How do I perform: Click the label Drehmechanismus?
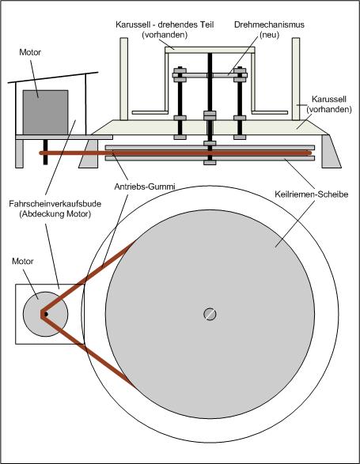pyautogui.click(x=269, y=25)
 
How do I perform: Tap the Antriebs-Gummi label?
pyautogui.click(x=145, y=187)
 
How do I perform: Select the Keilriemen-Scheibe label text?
pyautogui.click(x=311, y=194)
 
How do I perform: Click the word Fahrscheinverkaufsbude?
pyautogui.click(x=55, y=204)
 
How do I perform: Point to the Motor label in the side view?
pyautogui.click(x=30, y=52)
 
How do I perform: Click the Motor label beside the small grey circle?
pyautogui.click(x=22, y=262)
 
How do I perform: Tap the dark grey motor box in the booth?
pyautogui.click(x=45, y=112)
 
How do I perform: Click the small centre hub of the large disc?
pyautogui.click(x=210, y=314)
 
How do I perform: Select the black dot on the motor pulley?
pyautogui.click(x=46, y=314)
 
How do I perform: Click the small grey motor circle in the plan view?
pyautogui.click(x=46, y=314)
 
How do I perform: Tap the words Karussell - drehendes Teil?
pyautogui.click(x=165, y=25)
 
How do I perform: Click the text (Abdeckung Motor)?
pyautogui.click(x=55, y=214)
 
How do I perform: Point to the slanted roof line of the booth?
pyautogui.click(x=53, y=77)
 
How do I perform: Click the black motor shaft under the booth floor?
pyautogui.click(x=45, y=152)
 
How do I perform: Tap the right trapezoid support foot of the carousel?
pyautogui.click(x=331, y=152)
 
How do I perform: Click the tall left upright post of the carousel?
pyautogui.click(x=124, y=79)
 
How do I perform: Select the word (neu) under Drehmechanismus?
pyautogui.click(x=269, y=35)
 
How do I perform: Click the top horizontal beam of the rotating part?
pyautogui.click(x=210, y=50)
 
